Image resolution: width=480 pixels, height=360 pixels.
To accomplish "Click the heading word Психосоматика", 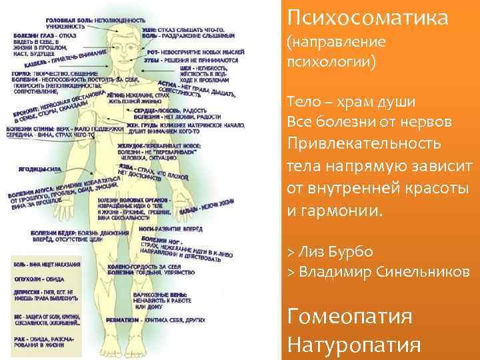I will [367, 16].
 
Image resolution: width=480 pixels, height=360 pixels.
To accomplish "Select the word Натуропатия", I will [354, 345].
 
